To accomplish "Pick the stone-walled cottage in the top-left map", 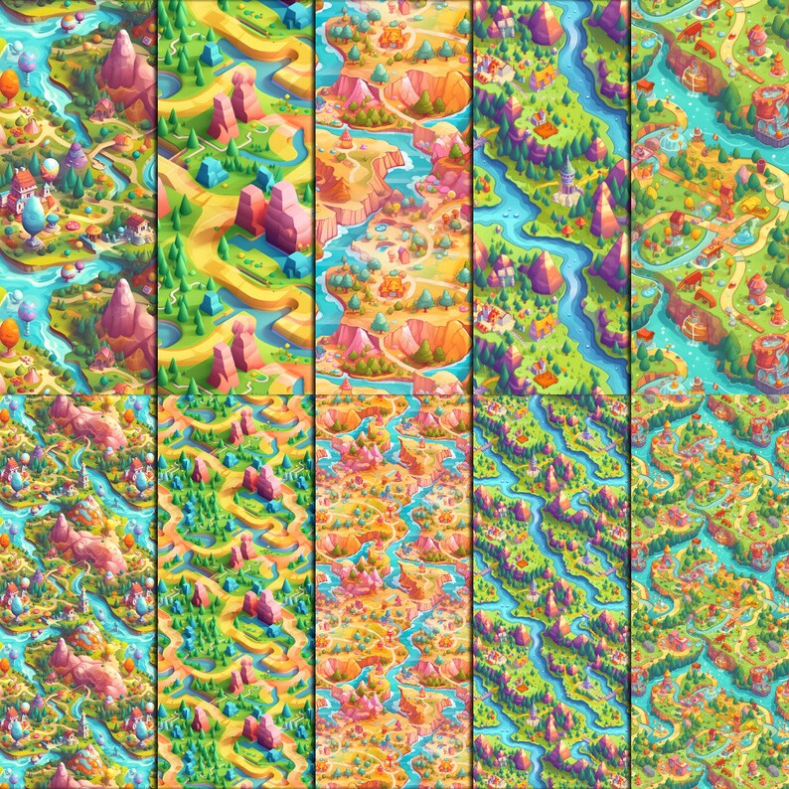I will pyautogui.click(x=137, y=224).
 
